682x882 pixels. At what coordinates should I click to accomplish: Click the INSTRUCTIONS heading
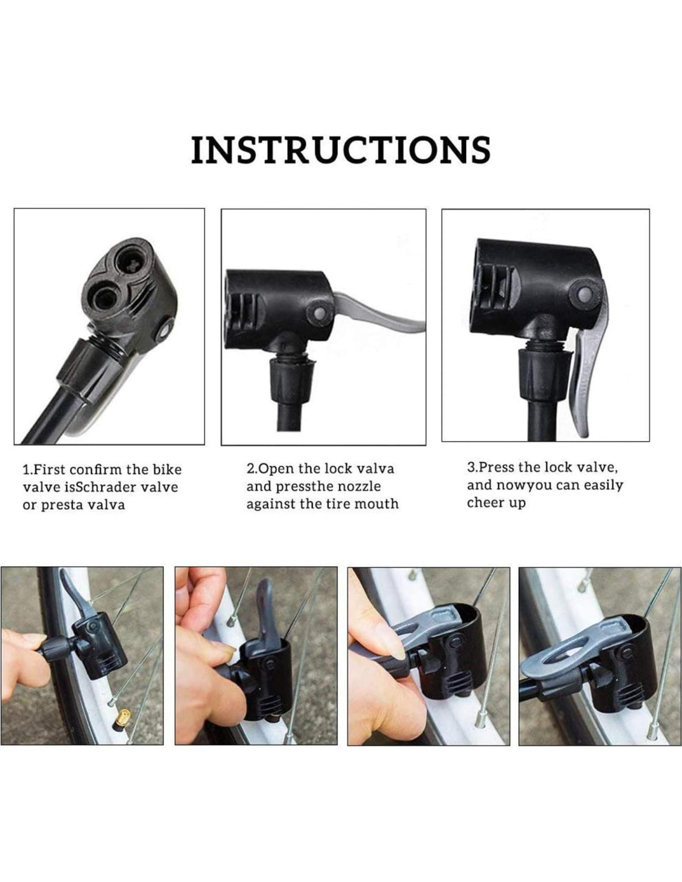[x=341, y=149]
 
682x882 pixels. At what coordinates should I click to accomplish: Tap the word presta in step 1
[x=61, y=506]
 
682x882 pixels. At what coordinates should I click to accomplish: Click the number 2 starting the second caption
[x=250, y=469]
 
